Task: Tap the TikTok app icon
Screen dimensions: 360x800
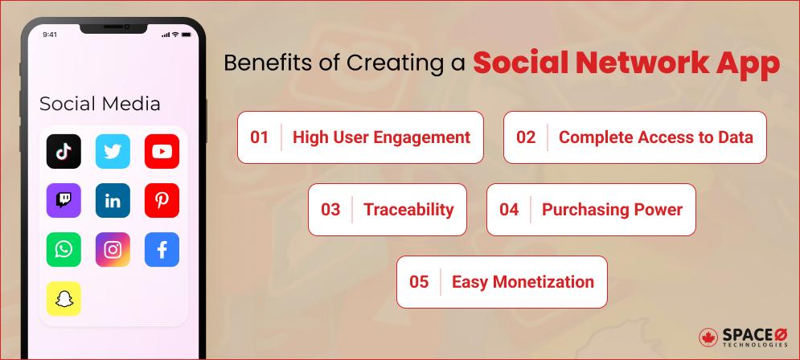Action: click(64, 151)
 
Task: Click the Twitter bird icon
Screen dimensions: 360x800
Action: click(113, 151)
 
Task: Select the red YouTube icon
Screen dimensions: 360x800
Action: click(162, 151)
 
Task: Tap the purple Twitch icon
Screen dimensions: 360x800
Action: click(64, 200)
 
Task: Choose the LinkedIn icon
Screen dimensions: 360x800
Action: click(113, 200)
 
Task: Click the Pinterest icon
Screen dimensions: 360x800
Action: click(162, 200)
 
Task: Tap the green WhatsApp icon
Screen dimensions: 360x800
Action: click(64, 250)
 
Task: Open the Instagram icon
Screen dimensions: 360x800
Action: click(113, 250)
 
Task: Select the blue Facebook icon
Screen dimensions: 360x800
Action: click(162, 250)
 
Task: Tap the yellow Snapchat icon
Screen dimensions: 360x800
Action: click(64, 299)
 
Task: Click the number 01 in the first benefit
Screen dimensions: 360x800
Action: click(259, 137)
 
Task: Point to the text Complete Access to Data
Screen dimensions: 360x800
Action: click(655, 137)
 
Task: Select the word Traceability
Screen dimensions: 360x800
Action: click(408, 210)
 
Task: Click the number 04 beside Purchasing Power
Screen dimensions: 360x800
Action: click(508, 210)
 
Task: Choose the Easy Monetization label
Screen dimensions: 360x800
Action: click(523, 282)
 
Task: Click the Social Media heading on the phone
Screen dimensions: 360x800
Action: click(100, 104)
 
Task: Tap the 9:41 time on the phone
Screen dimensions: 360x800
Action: click(50, 35)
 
